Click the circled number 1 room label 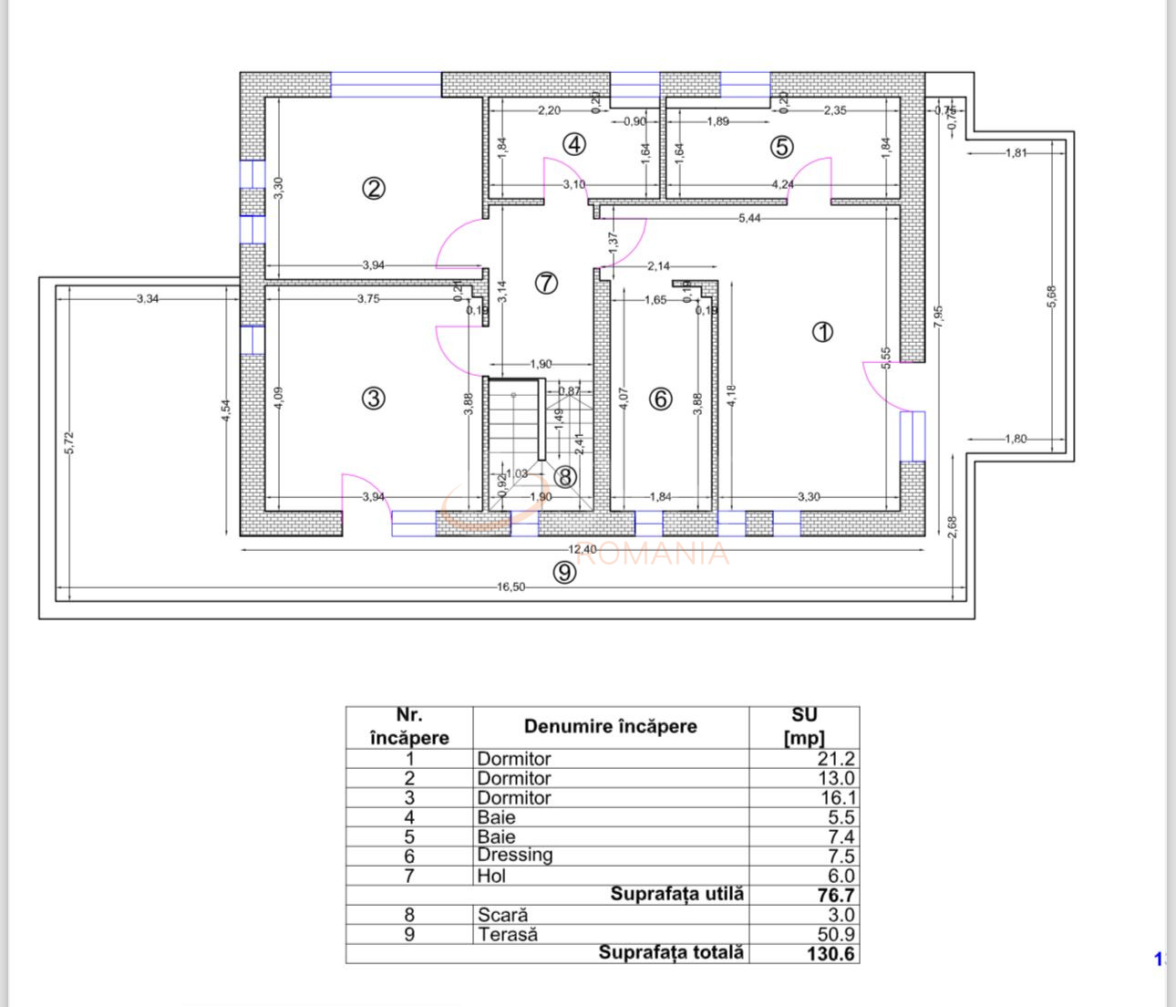point(822,332)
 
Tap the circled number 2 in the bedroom point(374,189)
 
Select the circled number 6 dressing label point(661,399)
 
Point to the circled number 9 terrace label point(565,572)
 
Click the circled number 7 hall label point(545,283)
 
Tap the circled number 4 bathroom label point(573,144)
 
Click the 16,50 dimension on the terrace point(511,587)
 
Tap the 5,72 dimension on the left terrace point(72,443)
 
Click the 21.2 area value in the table point(836,759)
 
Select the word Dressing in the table point(514,856)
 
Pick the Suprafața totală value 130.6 point(830,954)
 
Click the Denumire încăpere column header point(610,727)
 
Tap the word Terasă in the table point(507,934)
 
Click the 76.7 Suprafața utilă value point(835,896)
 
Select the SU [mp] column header point(804,727)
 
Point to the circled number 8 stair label point(565,476)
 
